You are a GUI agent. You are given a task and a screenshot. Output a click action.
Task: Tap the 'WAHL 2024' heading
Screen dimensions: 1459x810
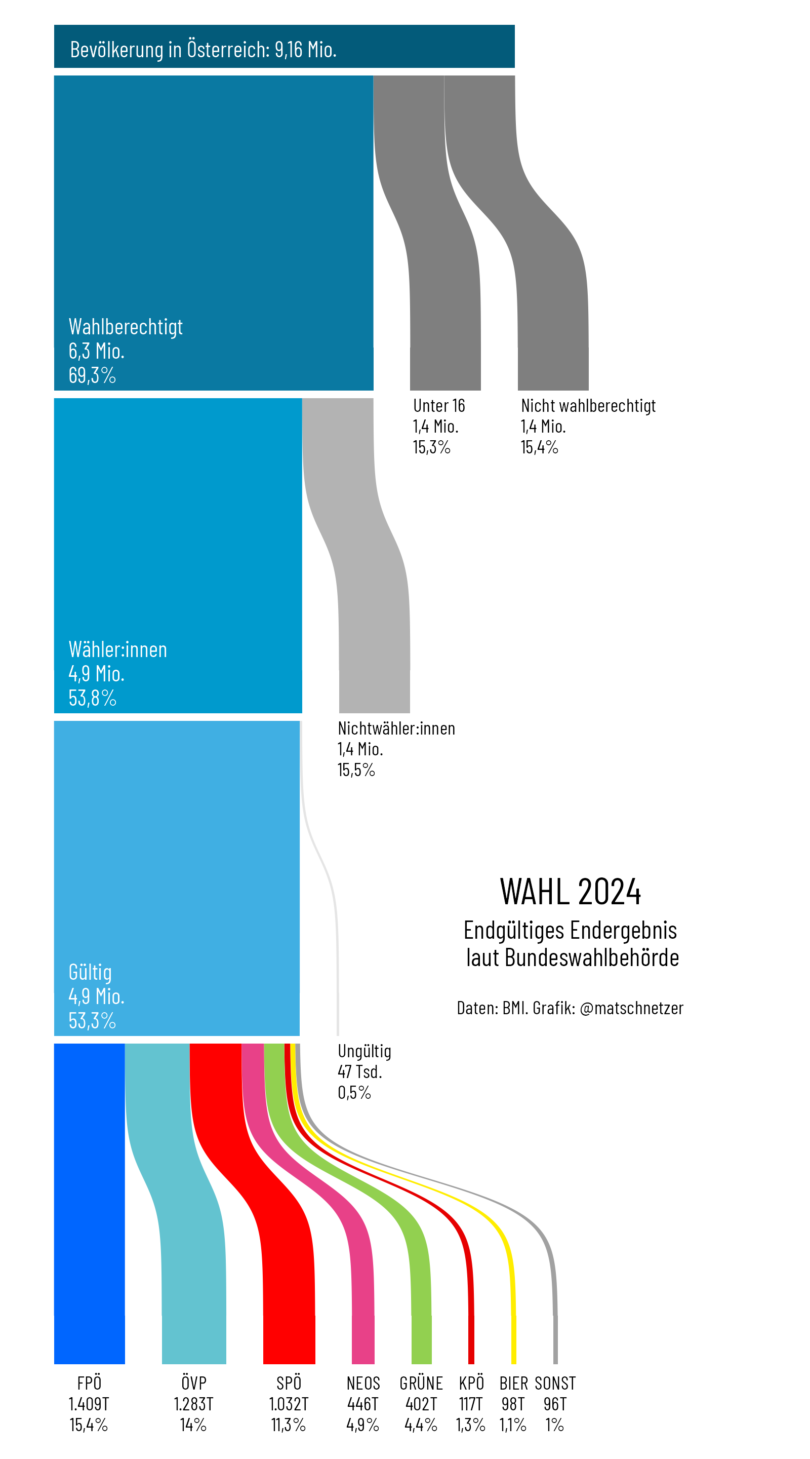click(570, 892)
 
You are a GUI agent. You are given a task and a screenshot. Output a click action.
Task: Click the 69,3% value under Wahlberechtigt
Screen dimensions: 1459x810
click(92, 375)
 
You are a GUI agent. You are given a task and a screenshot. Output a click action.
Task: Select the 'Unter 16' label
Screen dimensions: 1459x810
click(439, 405)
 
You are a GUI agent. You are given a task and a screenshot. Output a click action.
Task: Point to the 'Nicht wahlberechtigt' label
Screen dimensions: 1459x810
click(588, 405)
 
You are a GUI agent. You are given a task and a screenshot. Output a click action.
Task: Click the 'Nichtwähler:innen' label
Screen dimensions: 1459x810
click(396, 728)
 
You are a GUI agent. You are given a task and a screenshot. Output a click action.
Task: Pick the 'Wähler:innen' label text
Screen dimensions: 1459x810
click(118, 649)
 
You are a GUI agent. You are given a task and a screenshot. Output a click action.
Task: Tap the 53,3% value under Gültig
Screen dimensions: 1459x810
click(92, 1021)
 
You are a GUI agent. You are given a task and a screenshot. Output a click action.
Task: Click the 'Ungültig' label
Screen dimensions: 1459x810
click(364, 1051)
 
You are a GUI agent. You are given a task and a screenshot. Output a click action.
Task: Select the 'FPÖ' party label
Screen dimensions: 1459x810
click(90, 1383)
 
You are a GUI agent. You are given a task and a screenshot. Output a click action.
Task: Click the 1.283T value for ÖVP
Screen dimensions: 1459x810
click(193, 1404)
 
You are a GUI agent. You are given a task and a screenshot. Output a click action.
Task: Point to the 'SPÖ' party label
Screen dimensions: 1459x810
click(289, 1383)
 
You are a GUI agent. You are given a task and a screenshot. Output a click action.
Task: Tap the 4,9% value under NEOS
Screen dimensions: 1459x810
click(363, 1425)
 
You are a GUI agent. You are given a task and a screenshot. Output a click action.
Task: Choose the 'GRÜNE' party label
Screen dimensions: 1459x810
click(421, 1383)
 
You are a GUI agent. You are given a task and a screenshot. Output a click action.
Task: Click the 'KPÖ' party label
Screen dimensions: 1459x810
click(471, 1383)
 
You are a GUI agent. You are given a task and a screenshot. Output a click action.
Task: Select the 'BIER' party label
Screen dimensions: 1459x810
click(513, 1383)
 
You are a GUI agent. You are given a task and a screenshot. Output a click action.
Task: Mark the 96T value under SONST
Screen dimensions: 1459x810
click(555, 1404)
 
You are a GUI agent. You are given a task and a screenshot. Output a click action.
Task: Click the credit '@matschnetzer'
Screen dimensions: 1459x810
click(632, 1008)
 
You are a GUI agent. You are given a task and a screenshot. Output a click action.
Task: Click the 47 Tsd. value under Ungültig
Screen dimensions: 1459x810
click(360, 1071)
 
